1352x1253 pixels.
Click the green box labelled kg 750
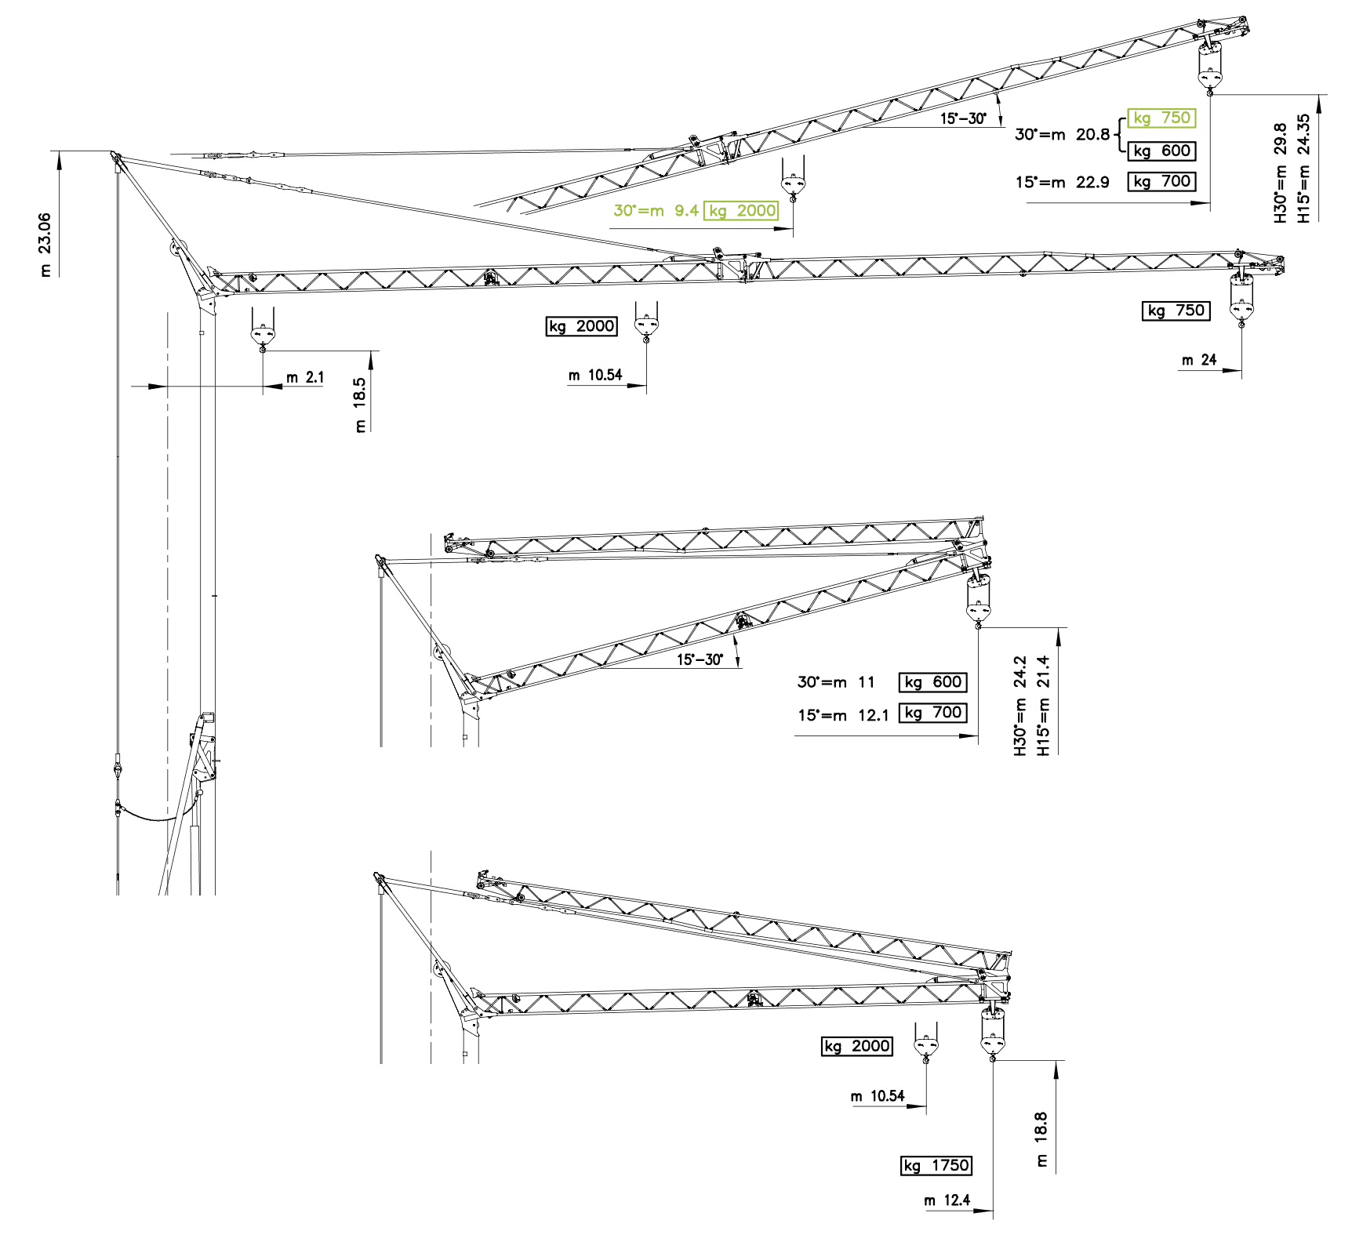click(x=1161, y=118)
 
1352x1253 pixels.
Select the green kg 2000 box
click(x=741, y=210)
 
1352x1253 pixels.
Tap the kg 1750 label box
click(x=936, y=1165)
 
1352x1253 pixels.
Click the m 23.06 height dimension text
click(x=45, y=244)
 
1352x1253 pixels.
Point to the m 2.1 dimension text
click(x=305, y=378)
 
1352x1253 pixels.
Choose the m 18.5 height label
click(x=360, y=405)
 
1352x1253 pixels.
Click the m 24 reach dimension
click(x=1199, y=360)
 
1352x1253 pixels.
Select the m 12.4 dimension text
click(x=947, y=1200)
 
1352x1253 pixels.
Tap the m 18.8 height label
click(x=1041, y=1139)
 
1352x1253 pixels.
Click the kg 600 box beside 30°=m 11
click(x=932, y=682)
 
